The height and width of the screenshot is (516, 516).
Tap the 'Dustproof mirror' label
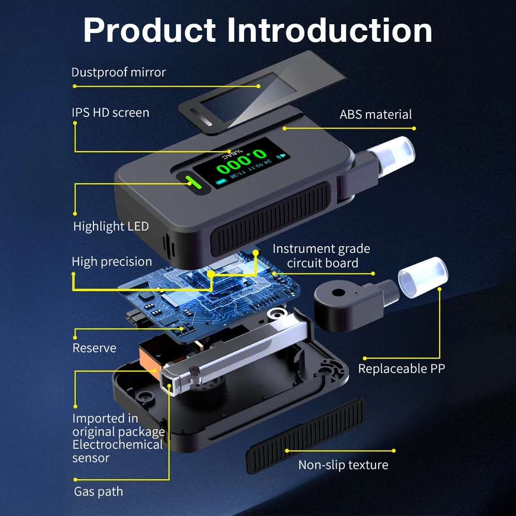tap(118, 72)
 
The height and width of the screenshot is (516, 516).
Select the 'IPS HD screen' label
tap(110, 112)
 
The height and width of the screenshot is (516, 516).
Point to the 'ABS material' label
tap(376, 115)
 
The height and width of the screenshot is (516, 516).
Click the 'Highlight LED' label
tap(110, 226)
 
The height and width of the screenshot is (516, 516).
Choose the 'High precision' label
tap(111, 262)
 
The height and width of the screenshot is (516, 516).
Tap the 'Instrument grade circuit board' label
tap(321, 256)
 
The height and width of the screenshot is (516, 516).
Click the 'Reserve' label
tap(94, 348)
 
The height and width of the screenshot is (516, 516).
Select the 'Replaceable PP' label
tap(401, 368)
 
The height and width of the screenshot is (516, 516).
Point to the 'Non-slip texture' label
tap(343, 465)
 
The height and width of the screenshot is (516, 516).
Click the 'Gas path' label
tap(98, 491)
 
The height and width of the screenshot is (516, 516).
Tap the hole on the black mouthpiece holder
tap(338, 293)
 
